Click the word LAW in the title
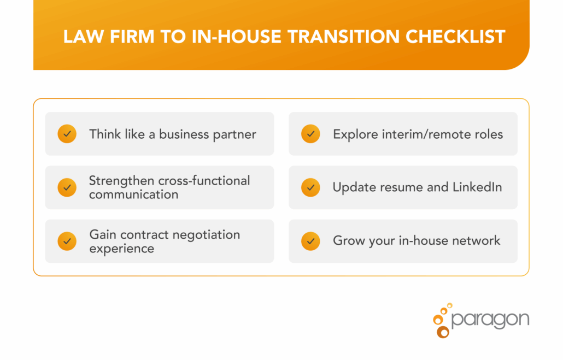80,37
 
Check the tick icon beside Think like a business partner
67,133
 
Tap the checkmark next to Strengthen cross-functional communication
67,187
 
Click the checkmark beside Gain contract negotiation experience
67,241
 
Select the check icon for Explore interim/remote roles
310,133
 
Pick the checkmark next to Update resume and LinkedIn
310,187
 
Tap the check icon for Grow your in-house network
310,241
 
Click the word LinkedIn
477,187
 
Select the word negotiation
206,235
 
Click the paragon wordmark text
490,319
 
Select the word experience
122,249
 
